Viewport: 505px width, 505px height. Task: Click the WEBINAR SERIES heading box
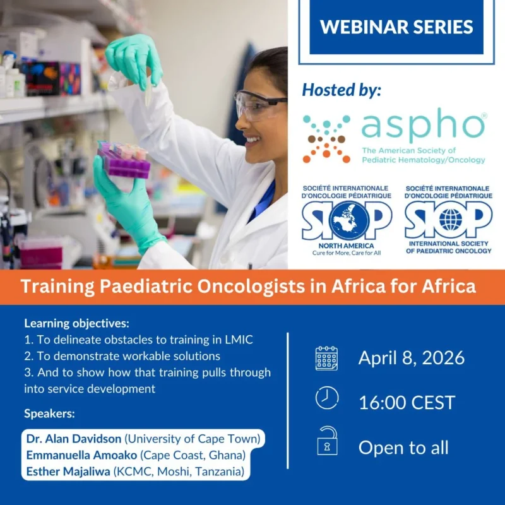[396, 27]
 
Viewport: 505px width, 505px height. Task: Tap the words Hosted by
[342, 90]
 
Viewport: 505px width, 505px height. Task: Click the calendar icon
[326, 358]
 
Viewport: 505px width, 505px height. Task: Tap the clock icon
[326, 398]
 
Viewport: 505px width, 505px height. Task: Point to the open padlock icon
[326, 443]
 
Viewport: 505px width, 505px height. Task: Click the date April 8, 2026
[412, 358]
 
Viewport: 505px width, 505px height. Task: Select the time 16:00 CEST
[407, 402]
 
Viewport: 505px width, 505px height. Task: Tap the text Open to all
[403, 448]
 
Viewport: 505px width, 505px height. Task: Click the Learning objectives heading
[76, 324]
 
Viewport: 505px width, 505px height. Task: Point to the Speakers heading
[49, 414]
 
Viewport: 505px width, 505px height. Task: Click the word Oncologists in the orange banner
[220, 287]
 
